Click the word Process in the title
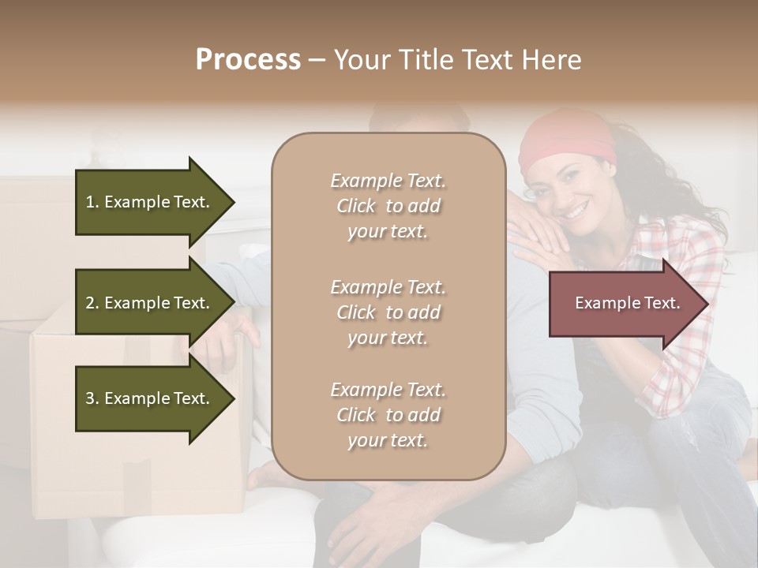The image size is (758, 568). tap(248, 60)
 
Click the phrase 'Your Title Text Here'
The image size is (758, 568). tap(457, 60)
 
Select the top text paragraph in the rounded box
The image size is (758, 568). tap(388, 206)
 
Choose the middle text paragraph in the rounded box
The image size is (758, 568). tap(388, 312)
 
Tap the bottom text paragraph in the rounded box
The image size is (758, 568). tap(388, 415)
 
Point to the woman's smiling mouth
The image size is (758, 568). tap(576, 212)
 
